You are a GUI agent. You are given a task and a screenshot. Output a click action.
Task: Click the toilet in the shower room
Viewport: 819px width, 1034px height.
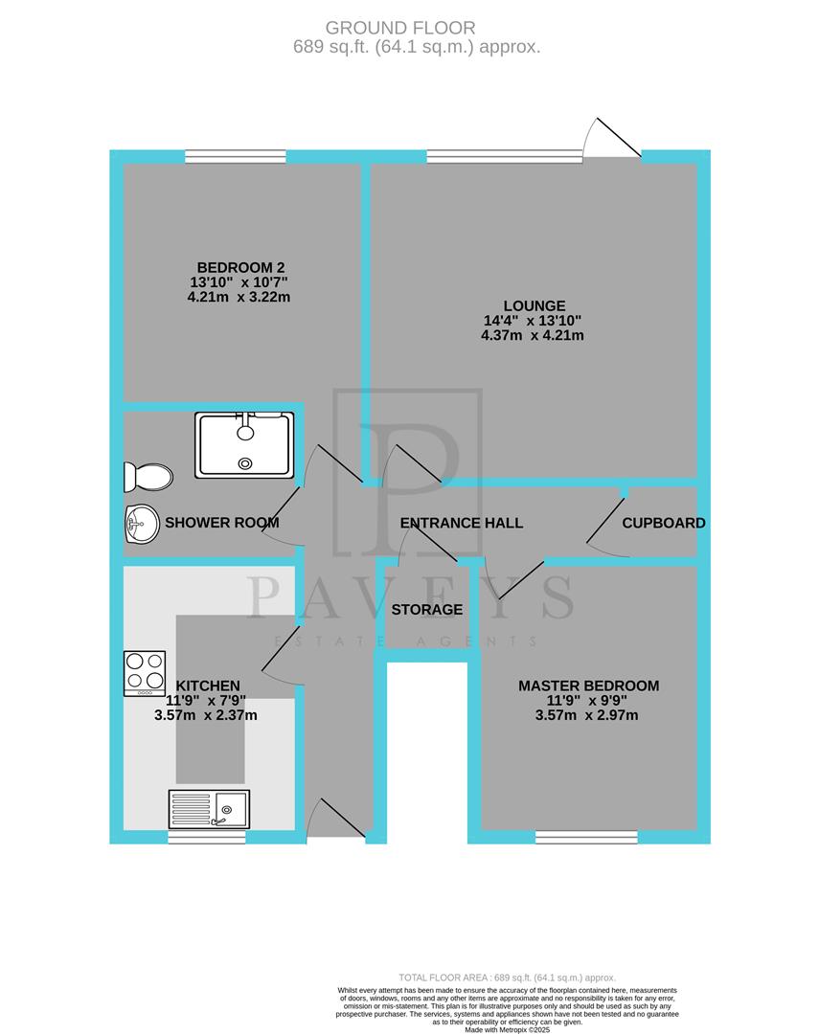pyautogui.click(x=148, y=476)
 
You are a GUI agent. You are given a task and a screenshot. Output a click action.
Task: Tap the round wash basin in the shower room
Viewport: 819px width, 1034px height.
pyautogui.click(x=141, y=524)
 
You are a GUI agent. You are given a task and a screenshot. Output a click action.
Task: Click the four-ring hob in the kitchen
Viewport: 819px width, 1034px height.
pyautogui.click(x=145, y=672)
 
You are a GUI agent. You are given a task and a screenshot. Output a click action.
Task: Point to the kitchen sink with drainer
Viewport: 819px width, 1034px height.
pyautogui.click(x=208, y=809)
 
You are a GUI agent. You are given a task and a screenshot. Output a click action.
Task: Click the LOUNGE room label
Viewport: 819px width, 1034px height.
pyautogui.click(x=532, y=305)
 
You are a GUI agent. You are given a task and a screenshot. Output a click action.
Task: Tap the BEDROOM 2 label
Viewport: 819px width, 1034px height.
pyautogui.click(x=241, y=267)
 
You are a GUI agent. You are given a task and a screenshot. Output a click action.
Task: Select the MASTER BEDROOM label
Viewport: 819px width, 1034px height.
pyautogui.click(x=588, y=686)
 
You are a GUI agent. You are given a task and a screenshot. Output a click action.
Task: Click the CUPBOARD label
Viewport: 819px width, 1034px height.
pyautogui.click(x=663, y=523)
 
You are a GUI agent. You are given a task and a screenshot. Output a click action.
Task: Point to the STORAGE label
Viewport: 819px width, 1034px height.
pyautogui.click(x=426, y=610)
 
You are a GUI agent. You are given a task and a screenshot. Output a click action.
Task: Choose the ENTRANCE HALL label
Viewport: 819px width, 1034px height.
pyautogui.click(x=461, y=523)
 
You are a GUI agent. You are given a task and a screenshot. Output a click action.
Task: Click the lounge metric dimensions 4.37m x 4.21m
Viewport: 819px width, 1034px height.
pyautogui.click(x=532, y=336)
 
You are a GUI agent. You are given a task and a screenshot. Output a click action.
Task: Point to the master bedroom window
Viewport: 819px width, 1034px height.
pyautogui.click(x=586, y=837)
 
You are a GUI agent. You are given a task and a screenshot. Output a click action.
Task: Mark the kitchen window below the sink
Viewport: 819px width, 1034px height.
pyautogui.click(x=207, y=837)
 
